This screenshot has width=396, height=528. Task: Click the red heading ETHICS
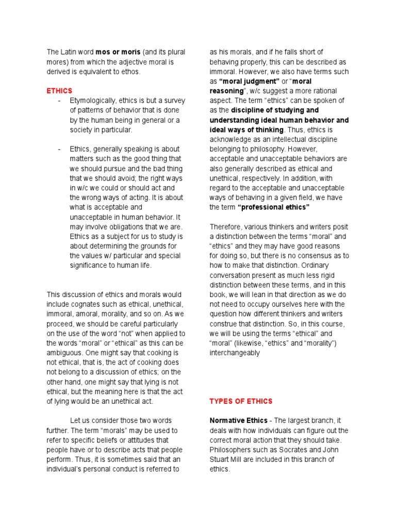pyautogui.click(x=59, y=91)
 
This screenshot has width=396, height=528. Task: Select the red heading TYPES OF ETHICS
pyautogui.click(x=241, y=401)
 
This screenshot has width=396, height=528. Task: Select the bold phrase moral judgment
pyautogui.click(x=249, y=81)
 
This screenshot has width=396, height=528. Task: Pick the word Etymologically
pyautogui.click(x=94, y=101)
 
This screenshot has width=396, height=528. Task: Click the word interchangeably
pyautogui.click(x=235, y=354)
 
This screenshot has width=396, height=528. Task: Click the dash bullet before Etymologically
pyautogui.click(x=60, y=101)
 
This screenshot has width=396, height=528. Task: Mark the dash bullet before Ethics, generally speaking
pyautogui.click(x=60, y=149)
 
